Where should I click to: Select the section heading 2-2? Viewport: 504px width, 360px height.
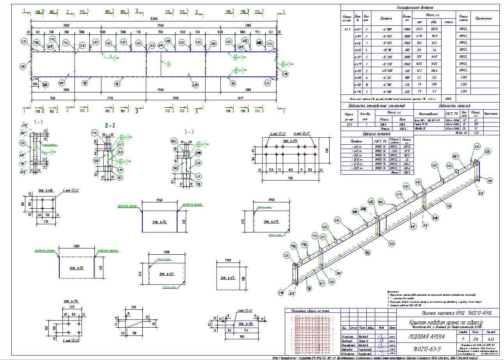[111, 125]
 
